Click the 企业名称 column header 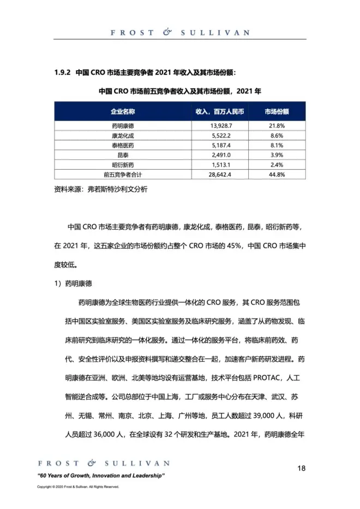123,111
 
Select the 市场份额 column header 277,111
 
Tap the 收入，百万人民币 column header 220,111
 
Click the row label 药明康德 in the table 123,125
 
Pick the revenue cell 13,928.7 221,125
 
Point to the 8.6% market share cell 277,135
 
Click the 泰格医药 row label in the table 123,145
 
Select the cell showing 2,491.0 221,155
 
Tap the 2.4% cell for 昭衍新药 277,165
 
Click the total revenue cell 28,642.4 221,175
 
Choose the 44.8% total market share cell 277,175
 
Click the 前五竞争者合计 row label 123,175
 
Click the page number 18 302,468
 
